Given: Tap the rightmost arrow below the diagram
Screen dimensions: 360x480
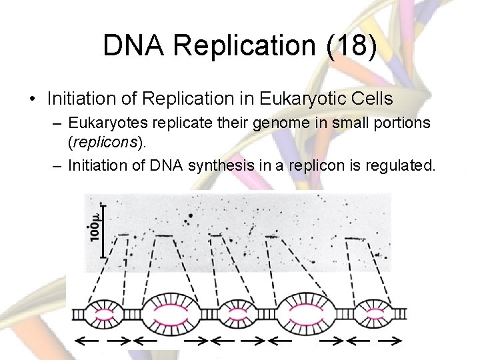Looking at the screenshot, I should point(389,340).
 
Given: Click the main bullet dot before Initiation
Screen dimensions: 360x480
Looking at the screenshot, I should point(32,99).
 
